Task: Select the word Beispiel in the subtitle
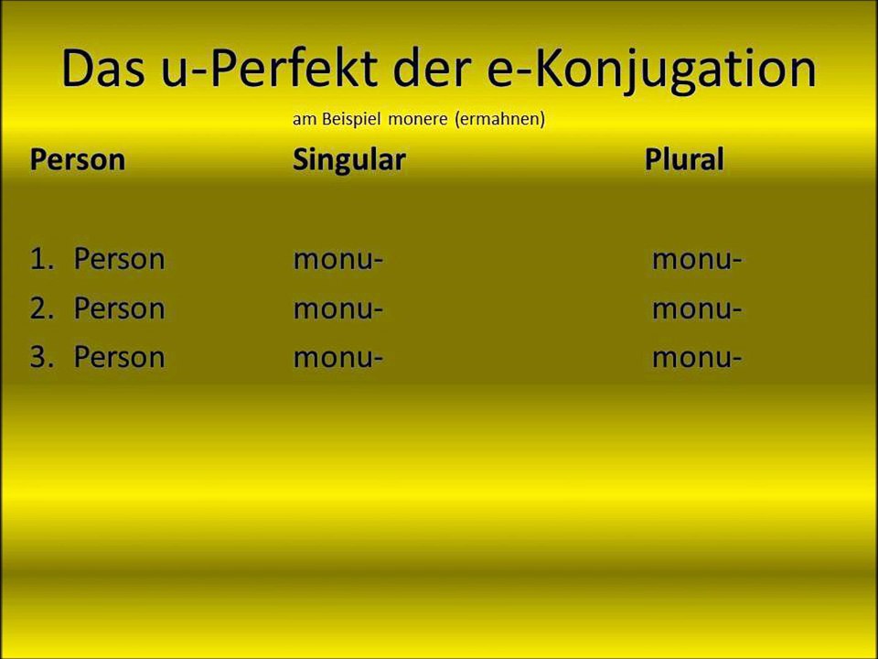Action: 349,120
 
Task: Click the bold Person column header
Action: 77,160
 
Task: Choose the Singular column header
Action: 348,160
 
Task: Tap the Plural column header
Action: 683,160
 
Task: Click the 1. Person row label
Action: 97,260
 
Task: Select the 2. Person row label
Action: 97,308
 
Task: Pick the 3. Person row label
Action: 97,357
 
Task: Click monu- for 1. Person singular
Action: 337,260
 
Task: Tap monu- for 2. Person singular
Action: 337,308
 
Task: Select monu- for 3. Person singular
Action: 337,357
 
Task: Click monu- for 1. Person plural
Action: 696,260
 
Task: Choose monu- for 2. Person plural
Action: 696,308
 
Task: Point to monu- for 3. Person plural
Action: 696,357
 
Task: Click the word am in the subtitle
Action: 303,120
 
